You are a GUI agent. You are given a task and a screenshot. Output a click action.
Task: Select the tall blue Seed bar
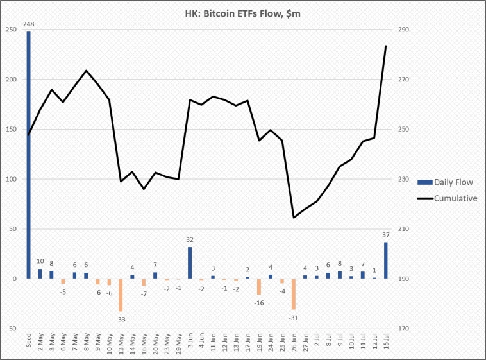click(28, 154)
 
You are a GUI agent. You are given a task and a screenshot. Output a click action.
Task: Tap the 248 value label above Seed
click(28, 25)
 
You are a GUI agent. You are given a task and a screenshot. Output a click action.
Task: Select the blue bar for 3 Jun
click(190, 262)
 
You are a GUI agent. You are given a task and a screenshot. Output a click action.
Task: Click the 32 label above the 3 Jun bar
click(190, 240)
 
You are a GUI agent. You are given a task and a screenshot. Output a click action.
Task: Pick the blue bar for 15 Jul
click(385, 260)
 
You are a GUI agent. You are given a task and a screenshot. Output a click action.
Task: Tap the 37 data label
click(385, 235)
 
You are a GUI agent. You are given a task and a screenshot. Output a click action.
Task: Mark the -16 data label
click(259, 302)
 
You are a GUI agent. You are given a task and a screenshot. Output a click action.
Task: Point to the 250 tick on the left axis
click(12, 30)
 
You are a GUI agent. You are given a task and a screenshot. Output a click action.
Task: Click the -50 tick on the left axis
click(11, 329)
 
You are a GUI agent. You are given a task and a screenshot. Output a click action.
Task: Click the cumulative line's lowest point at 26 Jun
click(294, 218)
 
